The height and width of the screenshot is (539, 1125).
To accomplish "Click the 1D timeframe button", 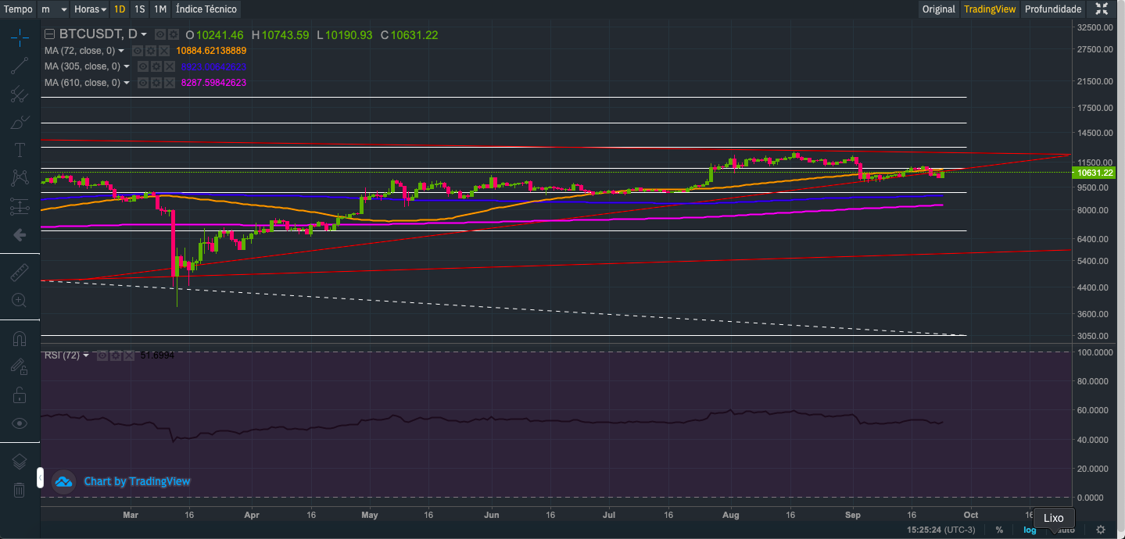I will pos(119,9).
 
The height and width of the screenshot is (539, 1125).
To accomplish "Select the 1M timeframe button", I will pos(159,9).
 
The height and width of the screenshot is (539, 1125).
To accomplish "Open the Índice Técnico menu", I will pos(206,9).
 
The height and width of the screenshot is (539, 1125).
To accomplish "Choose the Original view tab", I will pos(938,9).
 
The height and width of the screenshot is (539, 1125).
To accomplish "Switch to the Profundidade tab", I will pos(1053,9).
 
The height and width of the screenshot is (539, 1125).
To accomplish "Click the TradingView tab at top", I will pos(990,9).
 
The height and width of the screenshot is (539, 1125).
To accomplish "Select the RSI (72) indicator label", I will pos(63,355).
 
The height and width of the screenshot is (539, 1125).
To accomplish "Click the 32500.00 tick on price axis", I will pos(1095,27).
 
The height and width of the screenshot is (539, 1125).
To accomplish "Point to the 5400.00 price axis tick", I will pos(1095,261).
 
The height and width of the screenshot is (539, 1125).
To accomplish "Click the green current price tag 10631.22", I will pos(1095,173).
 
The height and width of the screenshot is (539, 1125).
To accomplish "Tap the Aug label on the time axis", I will pos(731,516).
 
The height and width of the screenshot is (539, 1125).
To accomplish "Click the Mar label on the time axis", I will pos(131,516).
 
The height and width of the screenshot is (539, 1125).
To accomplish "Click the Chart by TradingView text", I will pos(137,481).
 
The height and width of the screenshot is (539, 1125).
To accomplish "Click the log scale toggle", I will pos(1030,530).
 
